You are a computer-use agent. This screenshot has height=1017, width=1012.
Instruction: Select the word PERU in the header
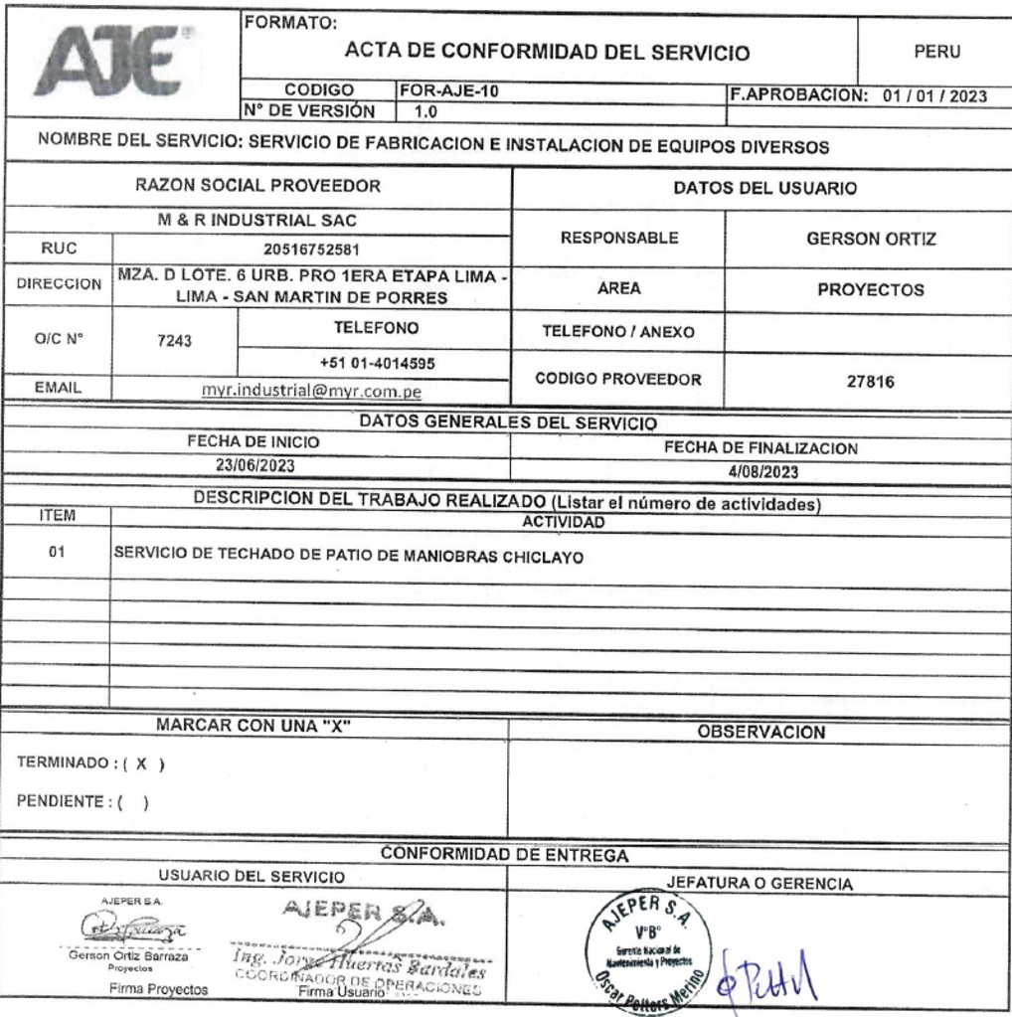click(935, 52)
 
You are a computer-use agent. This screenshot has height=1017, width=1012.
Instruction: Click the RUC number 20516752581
click(311, 251)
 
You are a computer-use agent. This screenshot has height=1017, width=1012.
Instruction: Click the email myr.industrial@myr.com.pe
click(311, 392)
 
